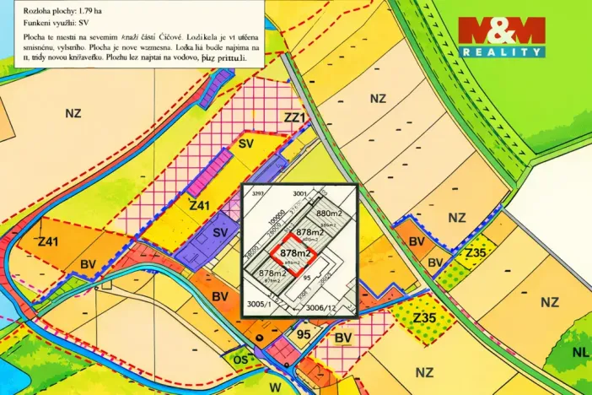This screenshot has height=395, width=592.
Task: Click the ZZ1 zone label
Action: [294, 118]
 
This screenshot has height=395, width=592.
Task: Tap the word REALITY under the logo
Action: [501, 52]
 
